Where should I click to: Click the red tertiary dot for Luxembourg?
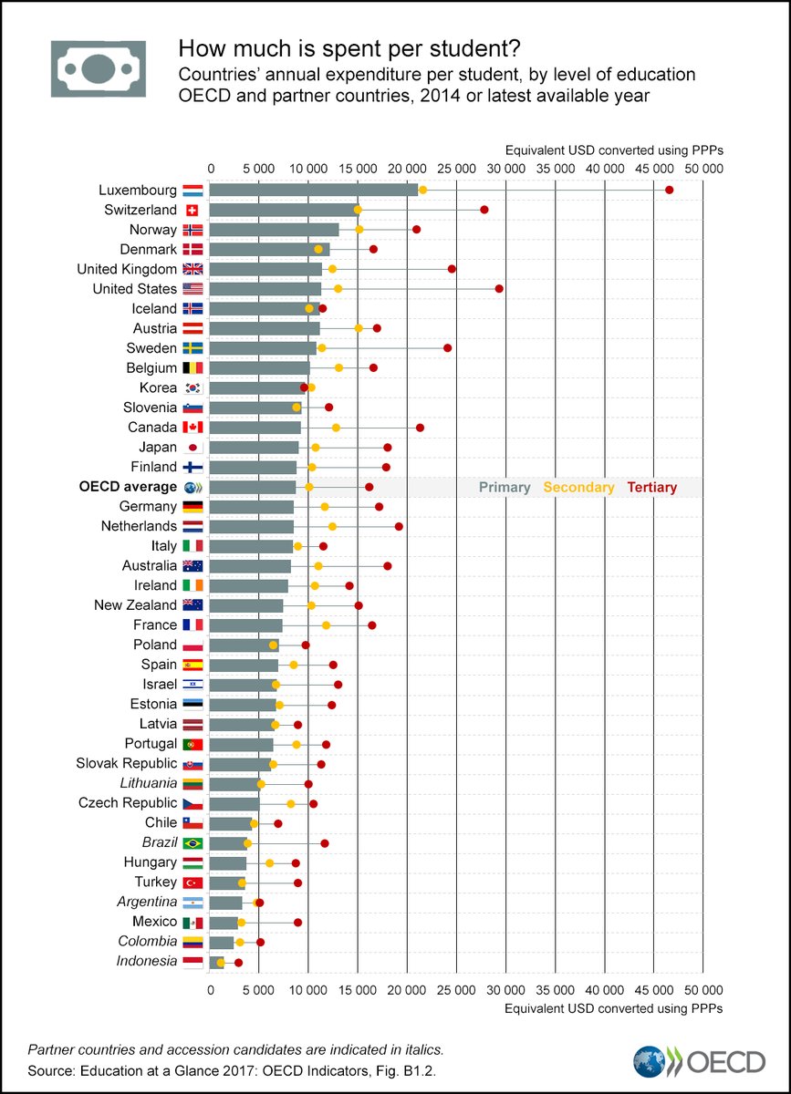tap(669, 190)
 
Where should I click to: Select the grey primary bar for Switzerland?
tap(283, 210)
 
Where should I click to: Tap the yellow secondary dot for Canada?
tap(336, 428)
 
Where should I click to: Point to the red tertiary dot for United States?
tap(499, 288)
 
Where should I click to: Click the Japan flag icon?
tap(193, 448)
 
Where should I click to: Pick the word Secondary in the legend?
tap(578, 488)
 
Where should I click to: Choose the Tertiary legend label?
tap(651, 488)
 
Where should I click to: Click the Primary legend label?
tap(505, 488)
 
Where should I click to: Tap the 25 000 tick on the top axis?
tap(456, 169)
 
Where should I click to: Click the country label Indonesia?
tap(147, 961)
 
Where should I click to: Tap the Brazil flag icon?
tap(193, 843)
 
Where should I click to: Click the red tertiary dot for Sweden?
tap(447, 348)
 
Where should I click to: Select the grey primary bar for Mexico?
tap(224, 923)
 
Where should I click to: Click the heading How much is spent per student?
tap(349, 47)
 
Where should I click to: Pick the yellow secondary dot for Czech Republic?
tap(291, 803)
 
